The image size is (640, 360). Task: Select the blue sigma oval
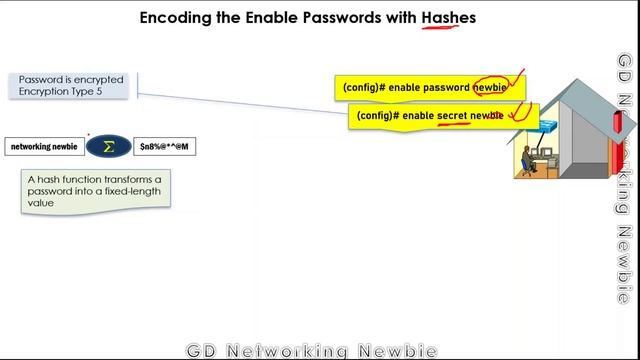(108, 146)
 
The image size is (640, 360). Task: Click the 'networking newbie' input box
(44, 146)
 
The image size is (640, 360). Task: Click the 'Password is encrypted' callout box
(69, 85)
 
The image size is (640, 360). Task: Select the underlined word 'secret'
(459, 116)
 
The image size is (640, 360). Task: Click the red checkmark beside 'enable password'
(516, 80)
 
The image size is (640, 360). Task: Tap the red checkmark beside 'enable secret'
(521, 112)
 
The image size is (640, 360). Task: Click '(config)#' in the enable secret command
(378, 116)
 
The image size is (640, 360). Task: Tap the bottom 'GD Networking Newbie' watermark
(312, 351)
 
